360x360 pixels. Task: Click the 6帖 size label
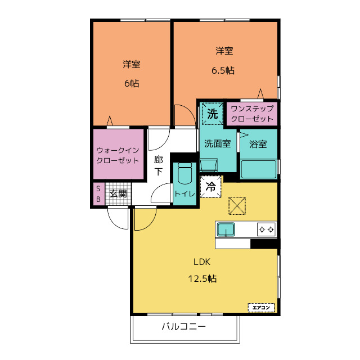(x=132, y=83)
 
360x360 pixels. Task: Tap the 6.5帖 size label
(x=223, y=70)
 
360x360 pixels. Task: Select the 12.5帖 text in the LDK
(x=202, y=278)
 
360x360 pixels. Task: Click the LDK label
(x=202, y=262)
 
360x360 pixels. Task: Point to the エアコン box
(x=261, y=308)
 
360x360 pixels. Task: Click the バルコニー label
(x=184, y=326)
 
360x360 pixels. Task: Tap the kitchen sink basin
(x=226, y=229)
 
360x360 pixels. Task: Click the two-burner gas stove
(x=266, y=229)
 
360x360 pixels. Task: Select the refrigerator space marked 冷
(x=211, y=186)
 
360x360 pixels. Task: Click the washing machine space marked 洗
(x=212, y=114)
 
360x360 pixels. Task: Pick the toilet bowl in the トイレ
(x=185, y=174)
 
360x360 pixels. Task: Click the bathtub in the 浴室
(x=258, y=169)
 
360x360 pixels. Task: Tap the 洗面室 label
(x=218, y=144)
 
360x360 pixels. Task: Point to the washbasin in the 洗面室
(x=209, y=165)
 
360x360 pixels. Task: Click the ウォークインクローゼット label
(x=118, y=155)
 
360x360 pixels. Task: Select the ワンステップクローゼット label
(x=252, y=114)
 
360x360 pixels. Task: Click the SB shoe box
(x=98, y=194)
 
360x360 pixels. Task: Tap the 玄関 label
(x=118, y=193)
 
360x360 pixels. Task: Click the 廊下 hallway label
(x=159, y=165)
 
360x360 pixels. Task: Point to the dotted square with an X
(x=237, y=206)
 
